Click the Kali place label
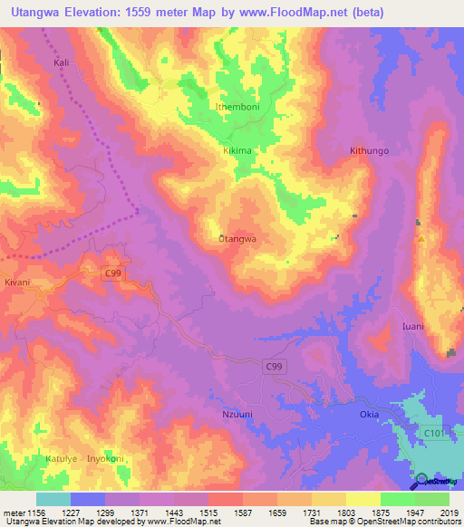pyautogui.click(x=62, y=64)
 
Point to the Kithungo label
pyautogui.click(x=369, y=151)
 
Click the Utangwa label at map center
pyautogui.click(x=238, y=239)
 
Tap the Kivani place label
pyautogui.click(x=17, y=283)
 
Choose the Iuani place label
pyautogui.click(x=413, y=326)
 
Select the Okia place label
pyautogui.click(x=370, y=414)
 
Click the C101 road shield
pyautogui.click(x=438, y=434)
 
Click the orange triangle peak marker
pyautogui.click(x=421, y=239)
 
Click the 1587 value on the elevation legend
pyautogui.click(x=244, y=513)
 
